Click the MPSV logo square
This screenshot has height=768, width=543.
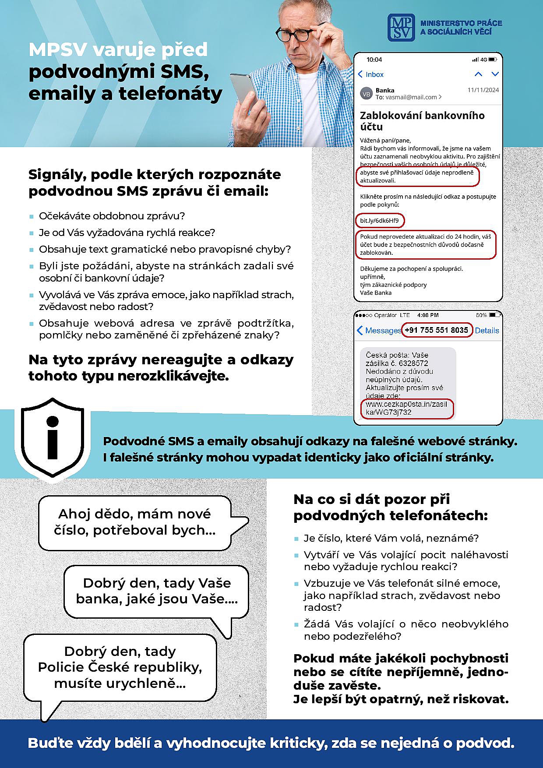401,27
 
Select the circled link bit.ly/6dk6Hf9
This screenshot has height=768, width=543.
380,220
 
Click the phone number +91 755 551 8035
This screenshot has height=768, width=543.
437,330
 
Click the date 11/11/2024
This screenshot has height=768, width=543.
483,90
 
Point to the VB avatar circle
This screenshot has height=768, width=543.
366,94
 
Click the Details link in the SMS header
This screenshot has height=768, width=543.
487,331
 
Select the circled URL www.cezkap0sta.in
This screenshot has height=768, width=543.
406,408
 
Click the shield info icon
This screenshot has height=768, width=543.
53,438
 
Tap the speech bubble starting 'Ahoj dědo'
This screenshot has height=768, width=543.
135,522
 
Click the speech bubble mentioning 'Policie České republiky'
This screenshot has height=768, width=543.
120,667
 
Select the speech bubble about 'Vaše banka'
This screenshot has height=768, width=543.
156,591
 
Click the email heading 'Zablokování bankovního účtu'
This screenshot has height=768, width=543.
422,121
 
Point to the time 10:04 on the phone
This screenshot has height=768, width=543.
374,60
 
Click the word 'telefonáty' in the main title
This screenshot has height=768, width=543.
170,93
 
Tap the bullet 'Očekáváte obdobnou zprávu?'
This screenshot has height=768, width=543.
112,216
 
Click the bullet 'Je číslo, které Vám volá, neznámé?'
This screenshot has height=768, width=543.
391,538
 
